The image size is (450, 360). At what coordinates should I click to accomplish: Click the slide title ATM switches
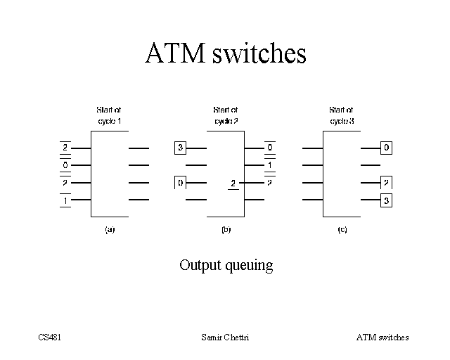tap(225, 54)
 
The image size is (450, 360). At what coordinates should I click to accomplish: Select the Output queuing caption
tap(226, 266)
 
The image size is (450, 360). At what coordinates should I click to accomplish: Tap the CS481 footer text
tap(50, 337)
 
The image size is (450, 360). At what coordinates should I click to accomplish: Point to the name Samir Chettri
tap(225, 337)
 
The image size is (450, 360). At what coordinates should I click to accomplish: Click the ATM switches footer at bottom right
tap(382, 337)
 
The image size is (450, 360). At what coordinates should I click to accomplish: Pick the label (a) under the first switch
tap(110, 230)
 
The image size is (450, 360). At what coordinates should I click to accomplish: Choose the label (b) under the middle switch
tap(226, 230)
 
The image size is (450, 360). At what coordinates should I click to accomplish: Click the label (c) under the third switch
tap(342, 230)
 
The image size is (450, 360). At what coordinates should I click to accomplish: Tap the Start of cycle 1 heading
tap(109, 116)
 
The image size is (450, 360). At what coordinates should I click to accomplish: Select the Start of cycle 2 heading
tap(226, 116)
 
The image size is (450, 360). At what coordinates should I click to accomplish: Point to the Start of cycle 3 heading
tap(342, 116)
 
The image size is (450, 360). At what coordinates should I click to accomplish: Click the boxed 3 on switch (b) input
tap(181, 148)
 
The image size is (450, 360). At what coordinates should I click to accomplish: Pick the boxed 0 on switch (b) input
tap(181, 183)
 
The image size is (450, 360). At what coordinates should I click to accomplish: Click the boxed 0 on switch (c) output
tap(387, 148)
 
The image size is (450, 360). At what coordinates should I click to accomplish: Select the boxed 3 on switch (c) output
tap(387, 200)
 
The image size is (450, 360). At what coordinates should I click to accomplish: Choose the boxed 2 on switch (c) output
tap(387, 183)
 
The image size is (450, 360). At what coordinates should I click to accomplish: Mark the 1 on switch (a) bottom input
tap(65, 201)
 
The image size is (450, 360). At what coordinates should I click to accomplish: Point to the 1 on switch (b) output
tap(269, 166)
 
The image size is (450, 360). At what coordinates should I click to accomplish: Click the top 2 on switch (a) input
tap(65, 148)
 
